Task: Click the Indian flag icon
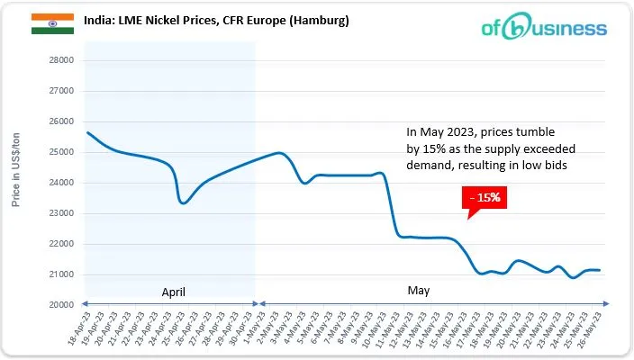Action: [46, 24]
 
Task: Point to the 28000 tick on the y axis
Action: [59, 60]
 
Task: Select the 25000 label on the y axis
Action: [59, 152]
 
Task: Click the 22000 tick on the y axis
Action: [59, 244]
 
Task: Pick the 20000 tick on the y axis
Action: [59, 305]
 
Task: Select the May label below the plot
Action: [418, 292]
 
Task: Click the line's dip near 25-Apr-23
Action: [184, 202]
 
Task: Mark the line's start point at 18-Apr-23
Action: [86, 132]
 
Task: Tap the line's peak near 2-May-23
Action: [279, 153]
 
